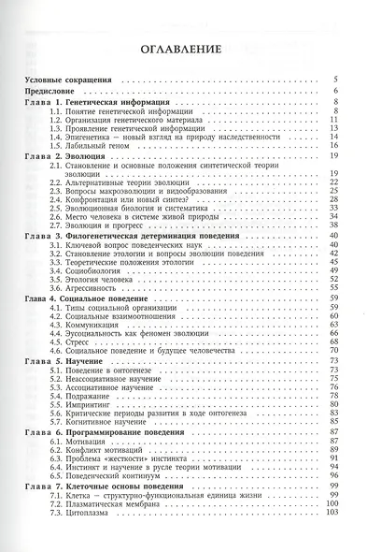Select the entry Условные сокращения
(67, 81)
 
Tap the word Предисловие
(49, 91)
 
